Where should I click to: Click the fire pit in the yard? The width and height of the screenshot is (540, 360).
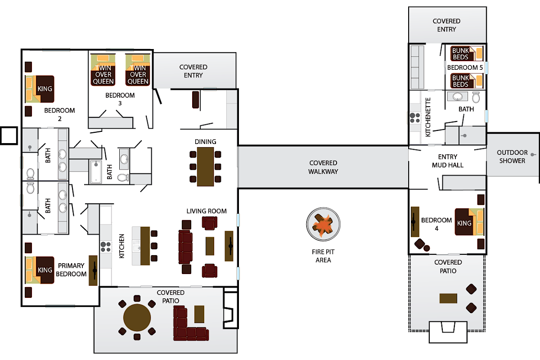(x=323, y=225)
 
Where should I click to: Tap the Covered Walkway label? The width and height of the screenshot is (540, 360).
(x=323, y=167)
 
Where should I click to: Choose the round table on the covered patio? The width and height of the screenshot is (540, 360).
(x=137, y=318)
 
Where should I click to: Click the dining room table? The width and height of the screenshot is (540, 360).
(x=206, y=166)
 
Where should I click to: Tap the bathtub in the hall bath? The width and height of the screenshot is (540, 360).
(x=96, y=171)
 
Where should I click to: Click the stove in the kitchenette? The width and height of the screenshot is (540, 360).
(x=414, y=118)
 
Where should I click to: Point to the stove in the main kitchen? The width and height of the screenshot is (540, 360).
(x=106, y=246)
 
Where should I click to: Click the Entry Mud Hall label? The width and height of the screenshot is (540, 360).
(x=447, y=161)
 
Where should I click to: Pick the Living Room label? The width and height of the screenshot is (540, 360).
(x=207, y=211)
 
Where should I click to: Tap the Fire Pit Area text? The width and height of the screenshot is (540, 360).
(x=323, y=256)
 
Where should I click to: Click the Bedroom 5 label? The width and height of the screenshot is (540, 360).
(x=464, y=67)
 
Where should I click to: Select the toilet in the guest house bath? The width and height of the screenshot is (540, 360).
(x=476, y=97)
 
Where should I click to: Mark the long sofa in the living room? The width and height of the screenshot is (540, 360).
(x=185, y=247)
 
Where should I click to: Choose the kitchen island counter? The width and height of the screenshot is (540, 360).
(x=145, y=246)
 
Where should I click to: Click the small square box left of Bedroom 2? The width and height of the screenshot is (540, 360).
(x=9, y=135)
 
